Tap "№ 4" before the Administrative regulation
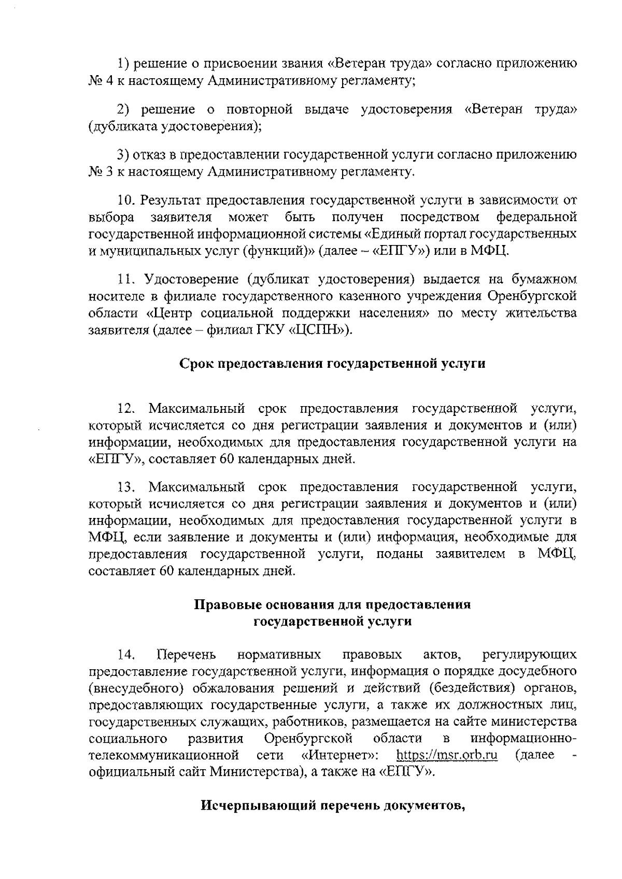(97, 81)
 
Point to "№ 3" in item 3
(97, 172)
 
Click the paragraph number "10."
(126, 200)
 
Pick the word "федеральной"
(536, 217)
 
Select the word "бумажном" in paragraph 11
(545, 280)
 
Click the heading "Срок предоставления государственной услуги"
(332, 363)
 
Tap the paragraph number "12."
(126, 409)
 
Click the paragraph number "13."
(126, 487)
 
